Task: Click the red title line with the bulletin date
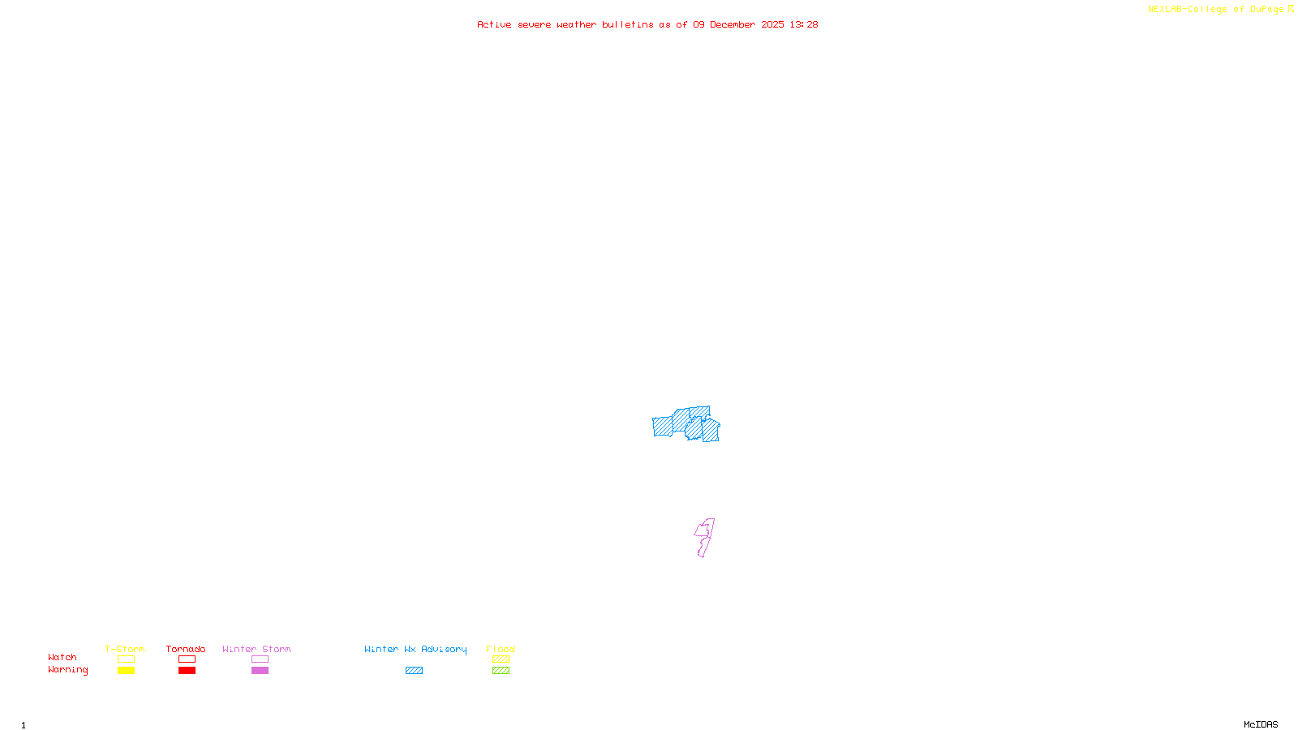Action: coord(647,24)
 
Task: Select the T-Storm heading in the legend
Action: coord(125,649)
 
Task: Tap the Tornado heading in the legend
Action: coord(186,649)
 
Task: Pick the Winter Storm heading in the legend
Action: coord(256,649)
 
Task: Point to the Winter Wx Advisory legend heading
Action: coord(415,649)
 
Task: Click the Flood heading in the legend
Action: coord(501,649)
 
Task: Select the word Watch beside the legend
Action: coord(62,658)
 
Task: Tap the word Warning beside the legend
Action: coord(68,670)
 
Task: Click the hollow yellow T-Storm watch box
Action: coord(126,659)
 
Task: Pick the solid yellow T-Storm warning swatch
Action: coord(126,671)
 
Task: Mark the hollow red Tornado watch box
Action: coord(187,659)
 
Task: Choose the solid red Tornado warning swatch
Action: coord(187,671)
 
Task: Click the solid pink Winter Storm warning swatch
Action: coord(260,671)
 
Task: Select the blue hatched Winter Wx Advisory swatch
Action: coord(414,671)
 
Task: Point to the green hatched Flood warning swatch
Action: coord(501,671)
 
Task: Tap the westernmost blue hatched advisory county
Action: coord(662,426)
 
